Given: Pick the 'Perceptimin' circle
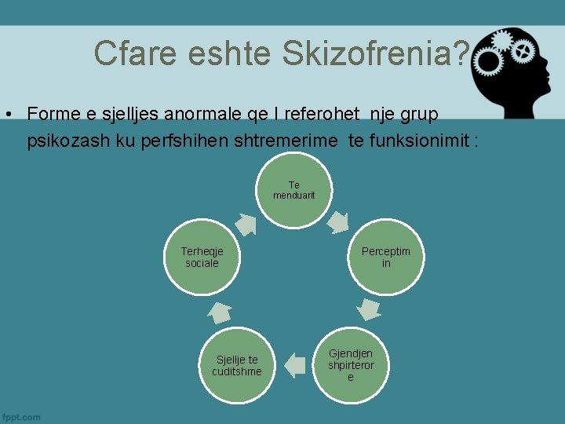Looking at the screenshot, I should (385, 258).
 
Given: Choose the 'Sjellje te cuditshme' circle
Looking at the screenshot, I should (236, 365).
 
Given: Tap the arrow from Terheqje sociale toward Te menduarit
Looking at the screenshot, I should (246, 225).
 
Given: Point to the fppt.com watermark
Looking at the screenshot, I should (21, 417).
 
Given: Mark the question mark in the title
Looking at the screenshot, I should (461, 53).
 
